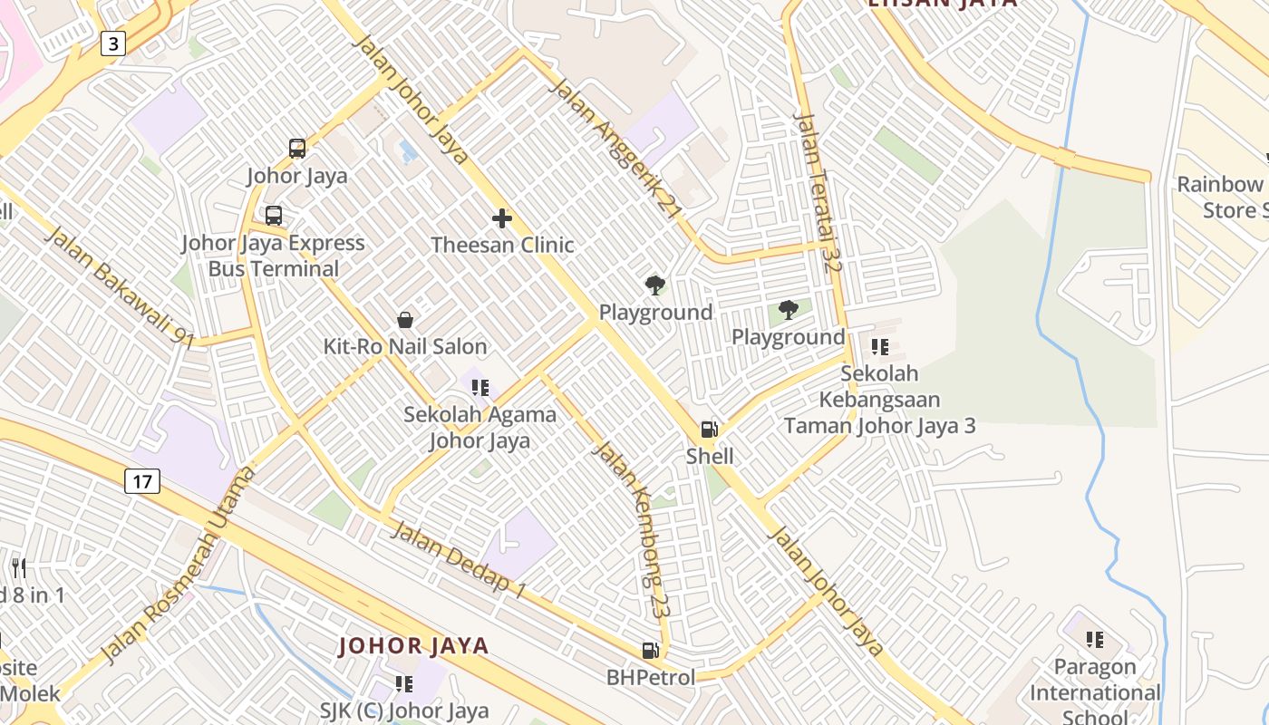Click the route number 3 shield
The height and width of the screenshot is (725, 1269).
click(x=113, y=43)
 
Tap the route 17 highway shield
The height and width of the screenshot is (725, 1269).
click(x=142, y=480)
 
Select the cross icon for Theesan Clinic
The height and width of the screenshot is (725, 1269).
click(x=502, y=218)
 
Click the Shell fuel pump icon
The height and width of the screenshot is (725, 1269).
click(x=709, y=430)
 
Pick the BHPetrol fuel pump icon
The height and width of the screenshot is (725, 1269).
click(x=650, y=650)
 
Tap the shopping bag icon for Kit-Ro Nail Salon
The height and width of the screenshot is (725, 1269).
click(x=405, y=320)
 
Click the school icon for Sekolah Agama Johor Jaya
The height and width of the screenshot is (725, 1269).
click(x=480, y=388)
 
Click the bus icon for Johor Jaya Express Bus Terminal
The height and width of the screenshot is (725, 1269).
click(x=273, y=216)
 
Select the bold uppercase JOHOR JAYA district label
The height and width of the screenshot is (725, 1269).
click(x=413, y=646)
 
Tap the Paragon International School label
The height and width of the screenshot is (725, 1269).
click(x=1094, y=692)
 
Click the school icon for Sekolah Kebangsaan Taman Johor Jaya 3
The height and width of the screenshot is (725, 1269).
click(x=879, y=347)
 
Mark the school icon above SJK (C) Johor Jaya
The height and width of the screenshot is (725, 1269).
click(x=403, y=683)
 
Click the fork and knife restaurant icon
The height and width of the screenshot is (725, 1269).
click(x=19, y=568)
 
